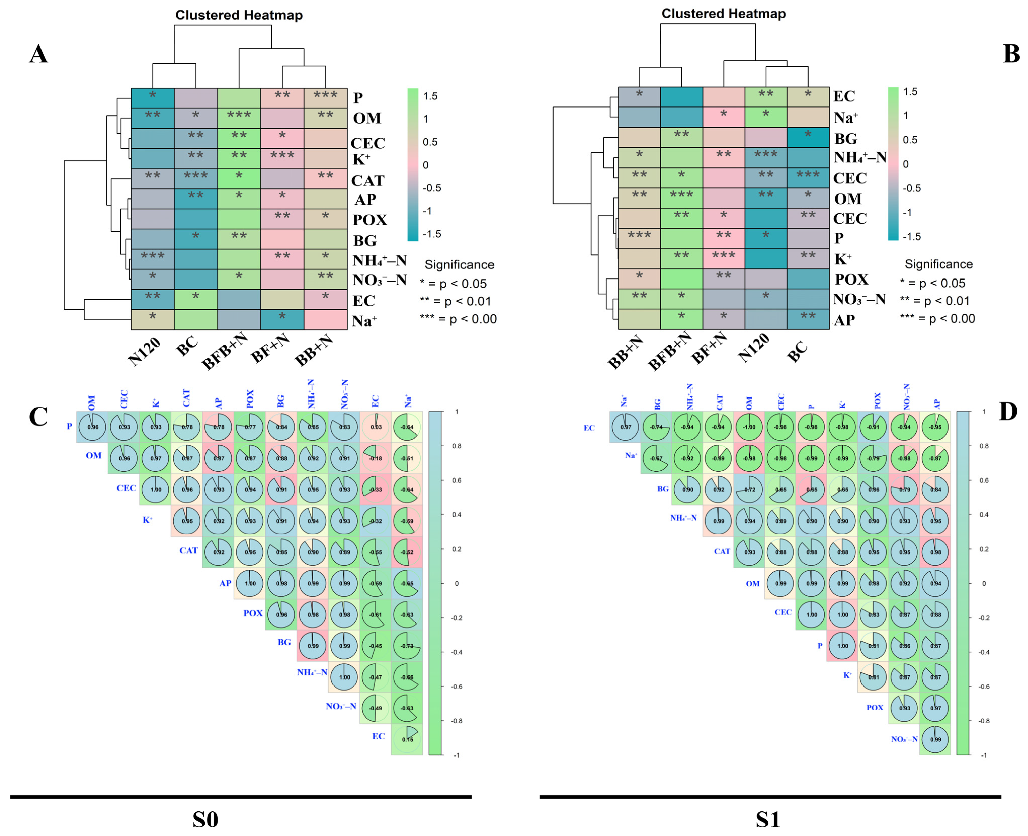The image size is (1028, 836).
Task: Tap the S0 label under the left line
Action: (205, 819)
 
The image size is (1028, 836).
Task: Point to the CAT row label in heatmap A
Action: (367, 181)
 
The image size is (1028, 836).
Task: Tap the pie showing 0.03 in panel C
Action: (376, 427)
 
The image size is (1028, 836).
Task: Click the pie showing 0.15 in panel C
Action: (407, 739)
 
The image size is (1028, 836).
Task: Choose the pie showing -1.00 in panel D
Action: (749, 427)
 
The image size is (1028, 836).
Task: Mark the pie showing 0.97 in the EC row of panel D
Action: (626, 427)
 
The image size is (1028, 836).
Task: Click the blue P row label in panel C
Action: (69, 426)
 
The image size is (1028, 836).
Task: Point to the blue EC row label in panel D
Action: (589, 428)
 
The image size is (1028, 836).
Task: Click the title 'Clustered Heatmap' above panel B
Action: (723, 14)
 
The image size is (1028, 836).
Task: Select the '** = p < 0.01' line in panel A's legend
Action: (456, 301)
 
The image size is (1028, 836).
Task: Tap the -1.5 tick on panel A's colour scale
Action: (431, 234)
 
